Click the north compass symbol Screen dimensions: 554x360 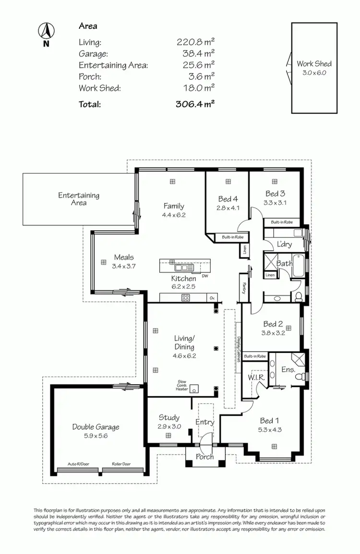click(46, 32)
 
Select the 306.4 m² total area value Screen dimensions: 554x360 click(196, 104)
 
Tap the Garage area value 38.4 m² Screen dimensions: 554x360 click(196, 54)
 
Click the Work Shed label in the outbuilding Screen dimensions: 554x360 click(314, 63)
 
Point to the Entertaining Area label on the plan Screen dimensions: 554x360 click(79, 199)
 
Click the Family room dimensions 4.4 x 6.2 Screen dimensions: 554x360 click(174, 215)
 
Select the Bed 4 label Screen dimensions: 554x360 click(228, 199)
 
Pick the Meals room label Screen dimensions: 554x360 click(124, 257)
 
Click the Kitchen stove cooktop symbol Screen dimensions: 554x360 click(186, 297)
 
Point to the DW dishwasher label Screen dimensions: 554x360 click(205, 276)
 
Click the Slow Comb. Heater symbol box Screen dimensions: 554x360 click(195, 388)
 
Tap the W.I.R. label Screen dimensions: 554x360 click(256, 377)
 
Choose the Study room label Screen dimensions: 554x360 click(169, 417)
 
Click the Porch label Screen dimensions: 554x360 click(205, 457)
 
